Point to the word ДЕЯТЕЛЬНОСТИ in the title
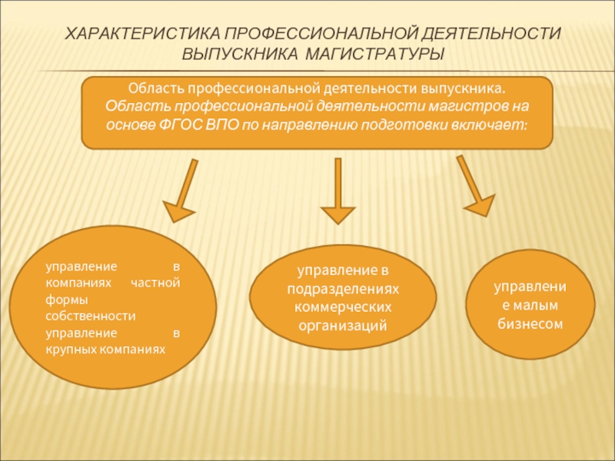pyautogui.click(x=489, y=35)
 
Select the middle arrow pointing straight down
pyautogui.click(x=337, y=192)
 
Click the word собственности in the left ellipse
pyautogui.click(x=91, y=316)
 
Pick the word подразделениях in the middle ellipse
pyautogui.click(x=344, y=287)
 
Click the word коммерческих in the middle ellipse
pyautogui.click(x=344, y=306)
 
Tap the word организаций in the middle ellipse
pyautogui.click(x=344, y=324)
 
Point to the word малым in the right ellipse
pyautogui.click(x=537, y=305)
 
